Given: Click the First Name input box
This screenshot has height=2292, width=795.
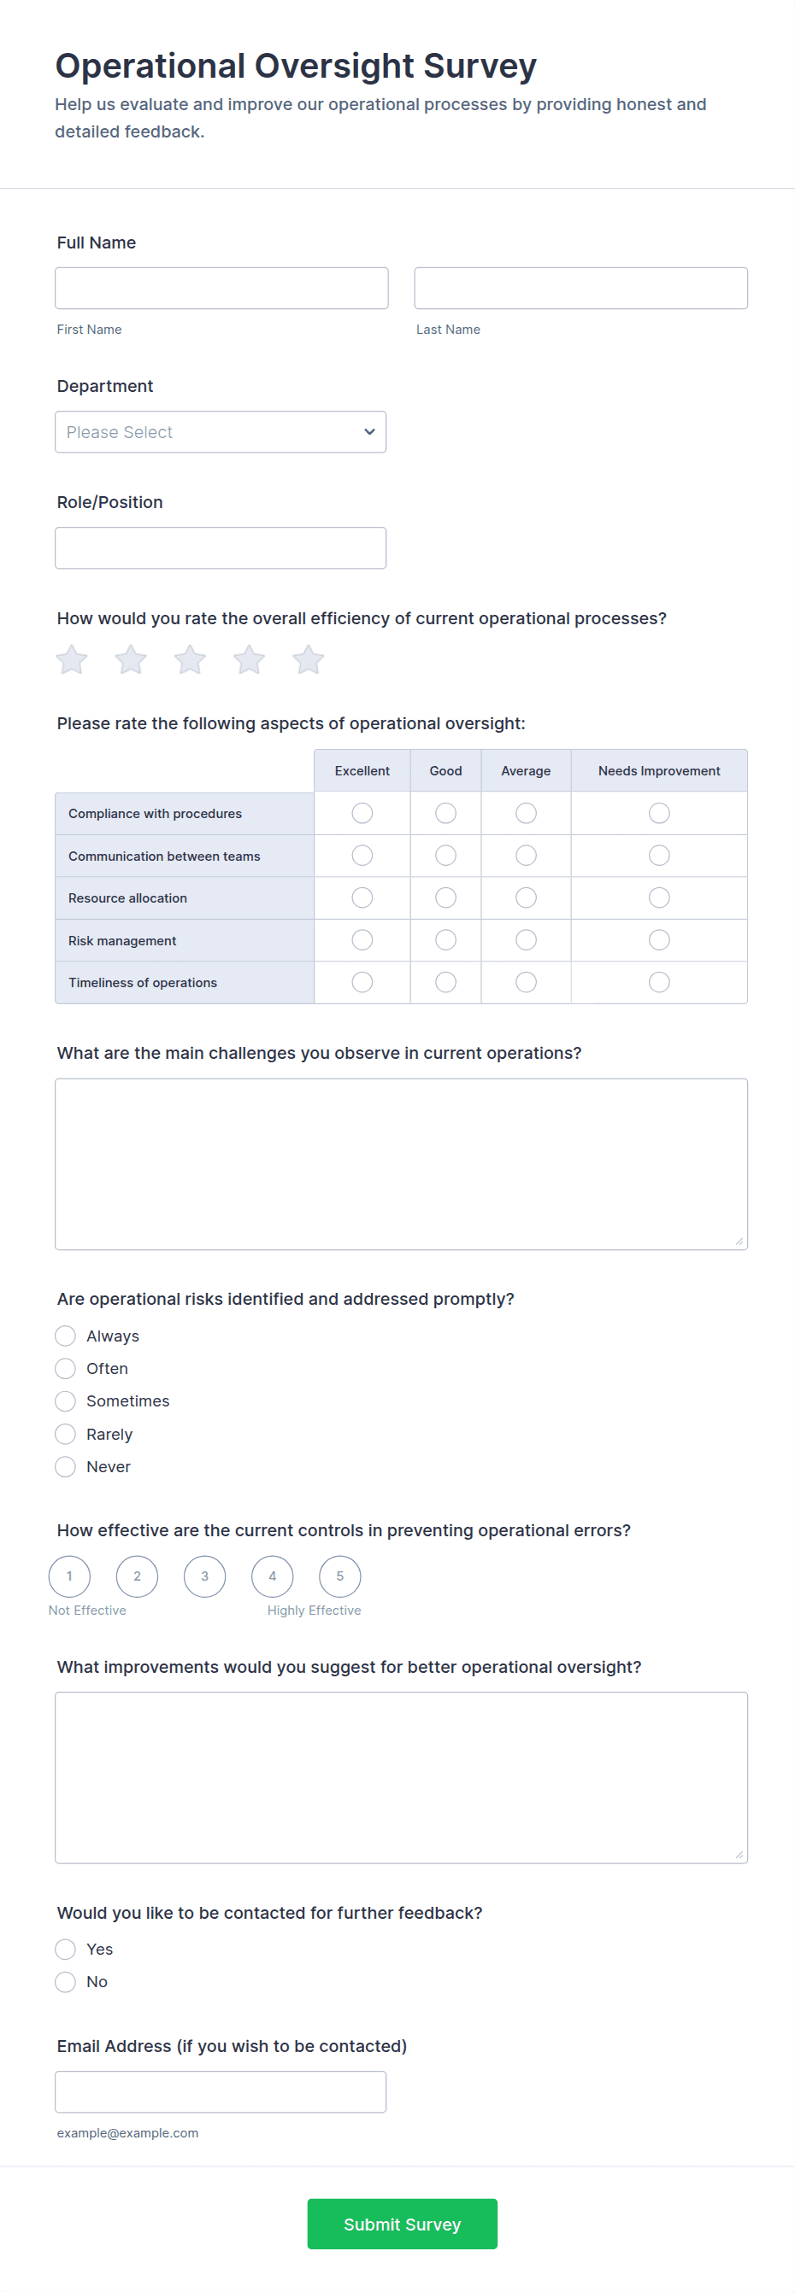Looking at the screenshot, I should coord(221,289).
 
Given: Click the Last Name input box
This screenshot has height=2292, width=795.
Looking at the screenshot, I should coord(580,289).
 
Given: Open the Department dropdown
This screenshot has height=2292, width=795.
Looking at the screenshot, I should coord(220,431).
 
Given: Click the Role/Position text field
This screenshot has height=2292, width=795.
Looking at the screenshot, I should coord(220,548).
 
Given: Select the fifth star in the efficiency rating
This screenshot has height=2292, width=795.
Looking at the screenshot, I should coord(308,660).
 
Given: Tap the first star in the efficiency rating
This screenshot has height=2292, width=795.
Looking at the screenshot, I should coord(71,660).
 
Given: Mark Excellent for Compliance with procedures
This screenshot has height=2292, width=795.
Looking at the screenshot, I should coord(362,813).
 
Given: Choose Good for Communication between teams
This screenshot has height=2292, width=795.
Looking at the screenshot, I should coord(445,856).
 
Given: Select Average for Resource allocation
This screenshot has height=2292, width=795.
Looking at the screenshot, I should coord(526,898).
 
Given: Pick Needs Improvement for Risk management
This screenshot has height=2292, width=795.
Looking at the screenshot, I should coord(659,940).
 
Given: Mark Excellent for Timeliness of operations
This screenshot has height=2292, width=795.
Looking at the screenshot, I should coord(362,982).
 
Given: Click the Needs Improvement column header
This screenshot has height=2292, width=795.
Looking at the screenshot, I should coord(659,770).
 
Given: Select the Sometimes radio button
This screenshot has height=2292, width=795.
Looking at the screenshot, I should coord(65,1401).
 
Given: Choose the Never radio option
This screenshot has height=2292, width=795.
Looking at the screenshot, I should coord(65,1466).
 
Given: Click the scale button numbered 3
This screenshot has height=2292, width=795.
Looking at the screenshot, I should coord(205,1576).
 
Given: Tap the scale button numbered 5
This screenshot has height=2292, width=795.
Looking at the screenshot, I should coord(340,1576).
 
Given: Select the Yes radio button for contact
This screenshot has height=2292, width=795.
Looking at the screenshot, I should coord(65,1950).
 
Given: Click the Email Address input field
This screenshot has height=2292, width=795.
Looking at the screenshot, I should coord(220,2092).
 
